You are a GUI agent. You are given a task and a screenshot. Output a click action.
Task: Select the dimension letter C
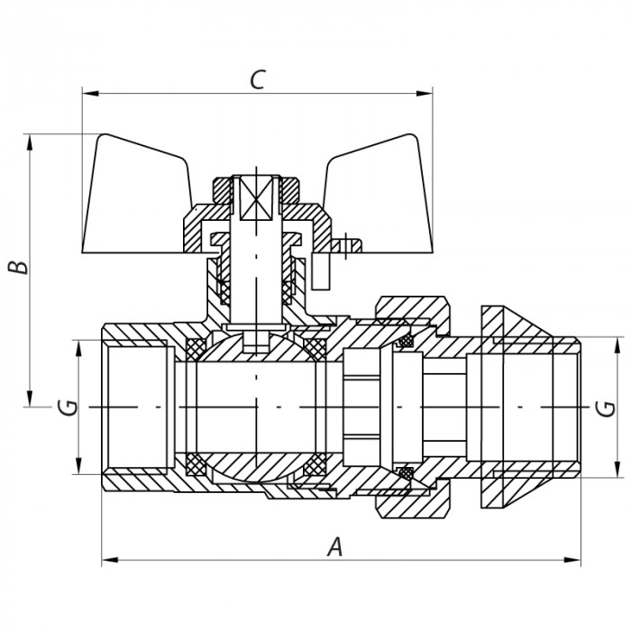click(257, 79)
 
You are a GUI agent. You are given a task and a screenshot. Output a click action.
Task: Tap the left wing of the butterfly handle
click(135, 194)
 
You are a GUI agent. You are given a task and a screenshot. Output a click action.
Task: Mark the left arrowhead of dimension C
click(87, 93)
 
